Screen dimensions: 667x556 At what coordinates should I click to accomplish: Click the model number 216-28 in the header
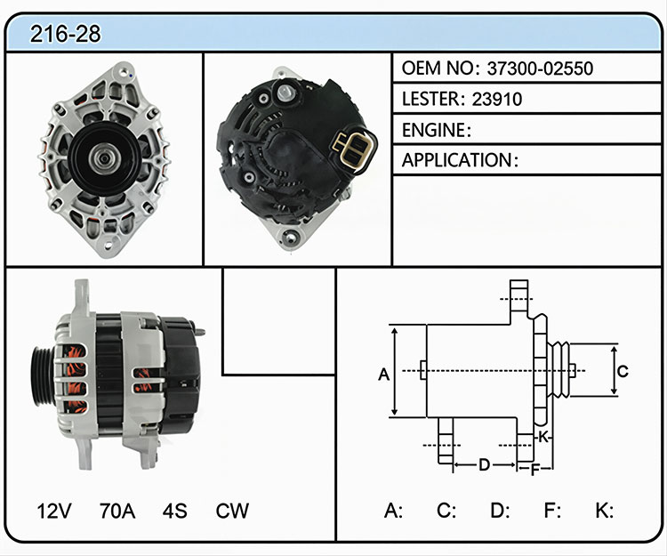pos(66,34)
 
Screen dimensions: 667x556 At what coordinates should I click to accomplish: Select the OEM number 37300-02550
pos(540,68)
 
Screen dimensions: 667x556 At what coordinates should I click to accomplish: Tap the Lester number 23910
pos(497,99)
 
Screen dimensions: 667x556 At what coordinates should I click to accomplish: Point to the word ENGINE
pos(434,130)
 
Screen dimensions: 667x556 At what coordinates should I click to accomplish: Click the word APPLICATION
pos(457,160)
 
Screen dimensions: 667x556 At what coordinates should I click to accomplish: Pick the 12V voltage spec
pos(54,511)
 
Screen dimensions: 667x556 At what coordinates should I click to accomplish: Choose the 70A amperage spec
pos(117,511)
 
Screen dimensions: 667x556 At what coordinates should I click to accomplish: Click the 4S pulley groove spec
pos(174,511)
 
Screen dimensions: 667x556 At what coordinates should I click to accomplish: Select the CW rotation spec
pos(232,511)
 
